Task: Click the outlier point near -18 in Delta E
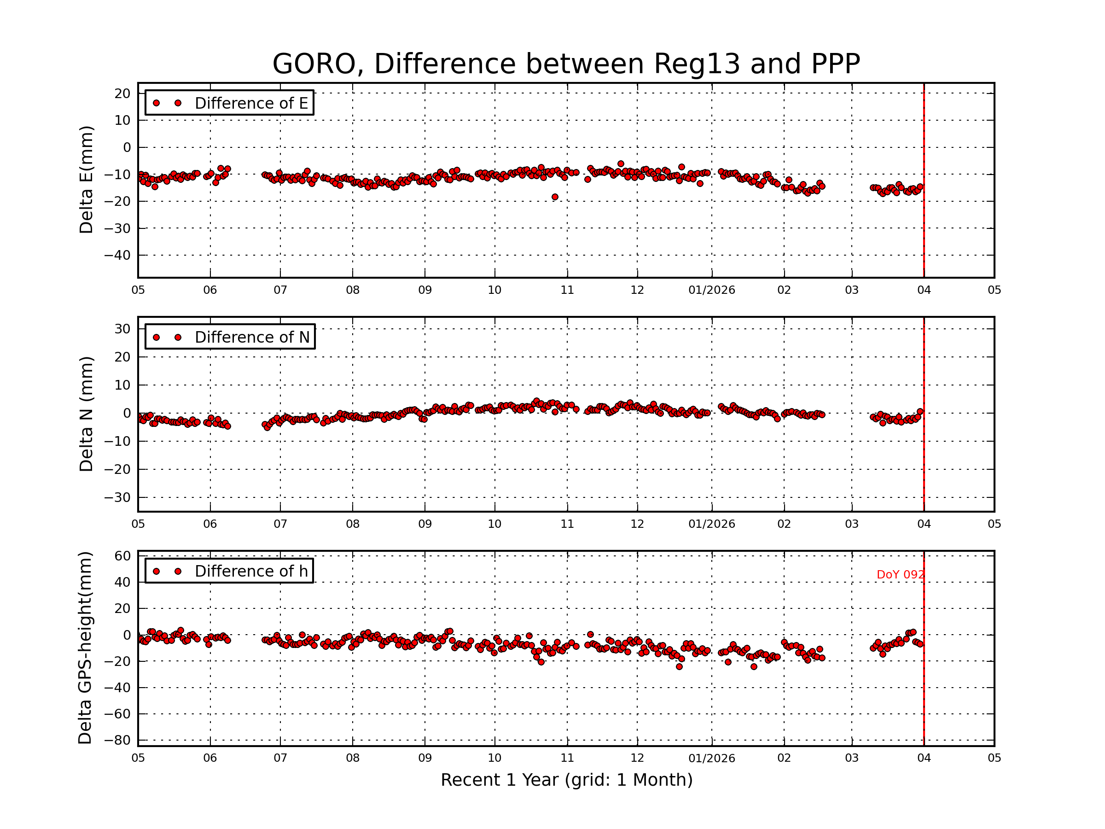[x=554, y=197]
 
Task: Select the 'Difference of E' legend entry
[x=251, y=103]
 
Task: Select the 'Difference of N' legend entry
[x=252, y=337]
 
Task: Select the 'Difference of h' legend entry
[x=251, y=571]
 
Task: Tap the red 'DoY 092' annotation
[x=900, y=575]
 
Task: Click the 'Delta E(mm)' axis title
[x=86, y=180]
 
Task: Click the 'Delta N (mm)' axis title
[x=86, y=414]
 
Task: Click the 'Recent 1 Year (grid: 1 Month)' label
[x=566, y=780]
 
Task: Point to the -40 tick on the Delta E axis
[x=117, y=255]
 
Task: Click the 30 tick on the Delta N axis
[x=122, y=329]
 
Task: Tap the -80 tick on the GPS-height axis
[x=117, y=740]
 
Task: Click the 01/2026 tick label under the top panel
[x=711, y=290]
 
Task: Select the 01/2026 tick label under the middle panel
[x=711, y=524]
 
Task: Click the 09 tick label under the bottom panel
[x=425, y=758]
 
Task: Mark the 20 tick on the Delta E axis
[x=122, y=93]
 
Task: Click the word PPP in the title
[x=835, y=64]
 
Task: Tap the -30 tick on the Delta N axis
[x=117, y=498]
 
